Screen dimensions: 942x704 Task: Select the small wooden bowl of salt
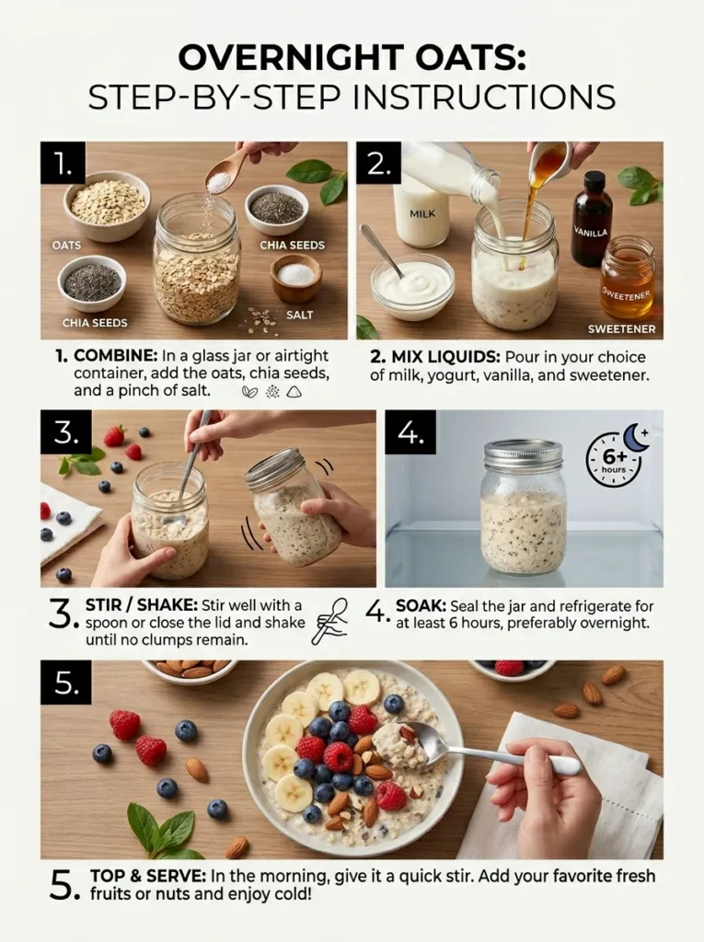296,277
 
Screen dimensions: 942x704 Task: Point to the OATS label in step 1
66,246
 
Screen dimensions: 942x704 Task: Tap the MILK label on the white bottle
421,213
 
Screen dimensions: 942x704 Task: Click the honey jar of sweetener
627,277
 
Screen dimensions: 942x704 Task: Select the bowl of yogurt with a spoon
412,285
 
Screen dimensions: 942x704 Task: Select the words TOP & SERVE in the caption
148,876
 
